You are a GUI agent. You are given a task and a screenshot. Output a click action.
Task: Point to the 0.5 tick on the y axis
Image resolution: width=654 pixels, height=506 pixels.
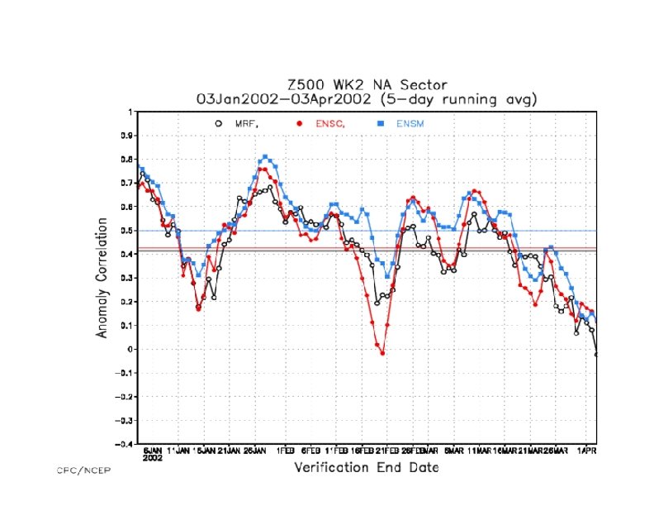pos(126,231)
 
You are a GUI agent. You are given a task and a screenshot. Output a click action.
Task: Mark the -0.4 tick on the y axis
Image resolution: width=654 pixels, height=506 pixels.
pos(125,444)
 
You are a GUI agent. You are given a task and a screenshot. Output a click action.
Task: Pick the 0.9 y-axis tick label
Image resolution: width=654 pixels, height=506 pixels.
pos(126,136)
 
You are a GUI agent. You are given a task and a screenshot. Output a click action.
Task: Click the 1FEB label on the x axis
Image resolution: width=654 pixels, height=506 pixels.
pos(285,451)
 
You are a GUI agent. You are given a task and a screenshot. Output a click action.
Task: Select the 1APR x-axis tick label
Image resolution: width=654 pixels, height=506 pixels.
pos(585,451)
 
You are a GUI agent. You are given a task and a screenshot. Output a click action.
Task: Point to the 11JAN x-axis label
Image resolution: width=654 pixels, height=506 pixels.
pos(178,451)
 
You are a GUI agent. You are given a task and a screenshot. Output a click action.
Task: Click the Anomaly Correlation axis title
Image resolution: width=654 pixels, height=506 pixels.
pos(103,278)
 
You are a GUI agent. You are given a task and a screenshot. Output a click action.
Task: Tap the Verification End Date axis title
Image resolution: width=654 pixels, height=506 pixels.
pos(367,468)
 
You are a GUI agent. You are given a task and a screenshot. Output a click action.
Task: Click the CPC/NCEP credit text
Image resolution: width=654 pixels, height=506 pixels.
pos(83,470)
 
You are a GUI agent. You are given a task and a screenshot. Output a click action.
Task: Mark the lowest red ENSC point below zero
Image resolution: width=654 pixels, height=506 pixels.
pos(382,353)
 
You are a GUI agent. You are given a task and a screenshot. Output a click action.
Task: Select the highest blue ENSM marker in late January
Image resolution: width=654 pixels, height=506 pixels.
pos(265,156)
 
